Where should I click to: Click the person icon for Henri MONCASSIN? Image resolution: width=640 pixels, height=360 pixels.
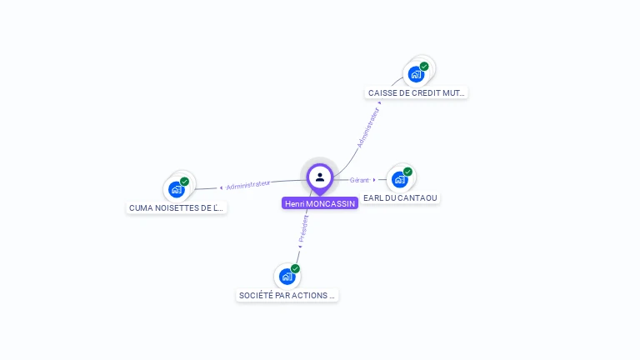[x=320, y=177]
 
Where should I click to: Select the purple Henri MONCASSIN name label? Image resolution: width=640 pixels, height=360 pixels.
[x=320, y=203]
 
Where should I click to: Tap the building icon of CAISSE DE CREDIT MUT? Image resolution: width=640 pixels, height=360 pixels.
[x=416, y=74]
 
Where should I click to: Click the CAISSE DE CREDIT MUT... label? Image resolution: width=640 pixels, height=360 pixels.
[x=417, y=93]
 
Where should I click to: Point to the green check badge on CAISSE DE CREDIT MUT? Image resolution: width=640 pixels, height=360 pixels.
[x=424, y=66]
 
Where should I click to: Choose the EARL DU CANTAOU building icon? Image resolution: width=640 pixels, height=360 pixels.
[x=400, y=179]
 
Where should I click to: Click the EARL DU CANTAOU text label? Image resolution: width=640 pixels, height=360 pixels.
[x=400, y=197]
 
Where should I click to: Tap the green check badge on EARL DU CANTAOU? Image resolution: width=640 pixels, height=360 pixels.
[x=407, y=172]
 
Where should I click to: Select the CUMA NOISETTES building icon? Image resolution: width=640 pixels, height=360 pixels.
[x=177, y=189]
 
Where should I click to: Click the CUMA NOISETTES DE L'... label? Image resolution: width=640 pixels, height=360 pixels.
[x=177, y=207]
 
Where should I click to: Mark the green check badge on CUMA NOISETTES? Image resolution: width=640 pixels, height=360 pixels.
[x=185, y=181]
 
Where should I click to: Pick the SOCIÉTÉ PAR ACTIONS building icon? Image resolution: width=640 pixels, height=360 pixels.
[x=287, y=276]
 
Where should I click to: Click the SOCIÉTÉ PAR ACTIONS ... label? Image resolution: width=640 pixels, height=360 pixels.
[x=287, y=295]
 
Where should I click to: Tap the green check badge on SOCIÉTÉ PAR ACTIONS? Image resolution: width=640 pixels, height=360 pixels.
[x=295, y=268]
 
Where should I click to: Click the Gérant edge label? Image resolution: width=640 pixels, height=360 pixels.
[x=359, y=180]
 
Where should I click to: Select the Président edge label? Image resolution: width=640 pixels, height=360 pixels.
[x=304, y=228]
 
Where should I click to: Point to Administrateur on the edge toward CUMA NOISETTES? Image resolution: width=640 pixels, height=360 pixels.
[x=248, y=184]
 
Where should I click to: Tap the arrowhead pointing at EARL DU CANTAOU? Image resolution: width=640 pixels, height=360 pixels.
[x=374, y=179]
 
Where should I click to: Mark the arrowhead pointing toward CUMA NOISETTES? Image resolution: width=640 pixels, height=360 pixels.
[x=221, y=187]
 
